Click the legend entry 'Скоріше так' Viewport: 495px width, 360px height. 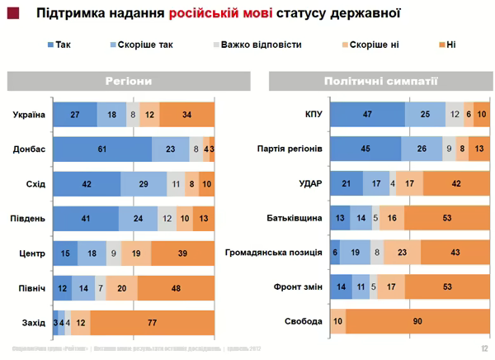(x=145, y=44)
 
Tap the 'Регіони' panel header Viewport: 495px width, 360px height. (x=129, y=82)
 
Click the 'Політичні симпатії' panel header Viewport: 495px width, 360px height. (x=380, y=82)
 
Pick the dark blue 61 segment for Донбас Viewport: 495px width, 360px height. (x=102, y=149)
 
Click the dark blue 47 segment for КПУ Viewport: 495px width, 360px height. (x=366, y=114)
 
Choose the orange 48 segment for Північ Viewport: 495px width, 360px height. (x=176, y=287)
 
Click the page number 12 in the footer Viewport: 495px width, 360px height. (x=484, y=349)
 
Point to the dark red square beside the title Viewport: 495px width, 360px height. (x=11, y=12)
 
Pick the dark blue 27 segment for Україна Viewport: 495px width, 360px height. (x=75, y=114)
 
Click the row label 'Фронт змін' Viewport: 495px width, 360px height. (x=297, y=287)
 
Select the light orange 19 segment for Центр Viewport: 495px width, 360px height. (x=136, y=252)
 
